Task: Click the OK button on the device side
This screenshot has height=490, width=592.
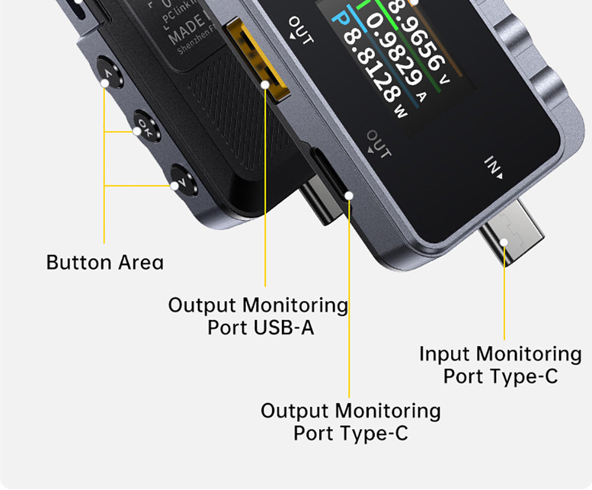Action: click(145, 126)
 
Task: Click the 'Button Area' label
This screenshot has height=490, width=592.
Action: click(105, 262)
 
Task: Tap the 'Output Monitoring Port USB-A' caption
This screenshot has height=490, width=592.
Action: click(259, 316)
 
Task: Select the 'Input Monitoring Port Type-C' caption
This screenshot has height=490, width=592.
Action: click(500, 365)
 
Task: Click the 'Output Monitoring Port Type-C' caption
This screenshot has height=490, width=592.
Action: click(350, 421)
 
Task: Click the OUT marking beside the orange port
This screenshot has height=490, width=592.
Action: click(300, 30)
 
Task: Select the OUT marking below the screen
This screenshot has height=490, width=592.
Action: click(378, 143)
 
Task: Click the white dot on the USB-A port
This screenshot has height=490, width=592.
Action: click(265, 85)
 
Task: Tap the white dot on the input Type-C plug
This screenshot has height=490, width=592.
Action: click(504, 241)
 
